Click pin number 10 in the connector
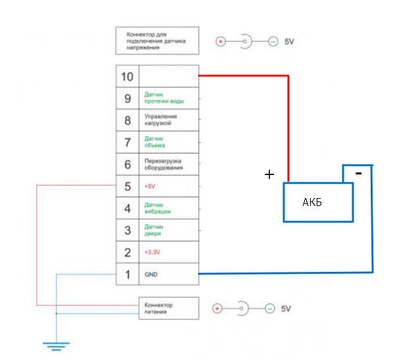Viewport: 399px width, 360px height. coord(127,76)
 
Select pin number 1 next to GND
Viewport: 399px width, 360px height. coord(127,273)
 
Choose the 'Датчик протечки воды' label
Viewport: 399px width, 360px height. coord(163,99)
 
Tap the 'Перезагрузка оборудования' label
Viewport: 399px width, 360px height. coord(163,165)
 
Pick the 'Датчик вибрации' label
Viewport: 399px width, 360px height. coord(157,208)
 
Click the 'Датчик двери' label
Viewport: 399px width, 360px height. coord(153,230)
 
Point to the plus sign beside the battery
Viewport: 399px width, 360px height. coord(269,174)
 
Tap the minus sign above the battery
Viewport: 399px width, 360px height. coord(358,173)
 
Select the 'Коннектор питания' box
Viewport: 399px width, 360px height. coord(167,308)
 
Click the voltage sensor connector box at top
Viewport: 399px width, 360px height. coord(157,41)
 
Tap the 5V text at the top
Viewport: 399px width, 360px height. coord(290,41)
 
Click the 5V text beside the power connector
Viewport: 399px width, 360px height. coord(286,309)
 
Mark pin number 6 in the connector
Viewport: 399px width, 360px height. coord(127,164)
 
